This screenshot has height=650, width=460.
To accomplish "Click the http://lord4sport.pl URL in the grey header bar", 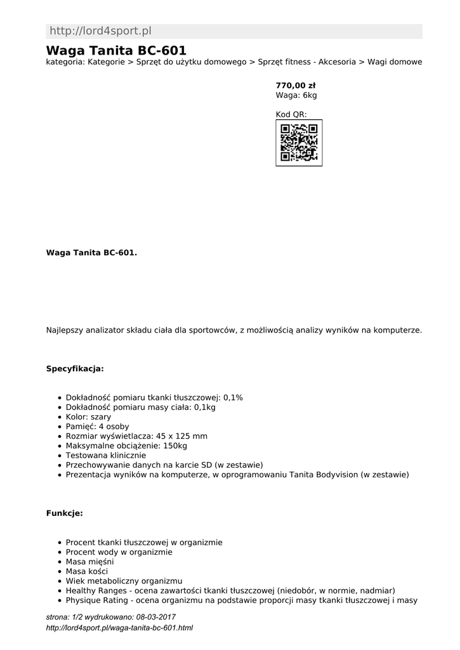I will (100, 31).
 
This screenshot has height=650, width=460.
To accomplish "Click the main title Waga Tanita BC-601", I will (116, 50).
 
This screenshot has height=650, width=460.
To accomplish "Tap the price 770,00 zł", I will (296, 85).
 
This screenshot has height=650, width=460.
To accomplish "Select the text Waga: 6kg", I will (296, 95).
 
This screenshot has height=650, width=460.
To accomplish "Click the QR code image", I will (299, 143).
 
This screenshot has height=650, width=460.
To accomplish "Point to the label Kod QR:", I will (291, 114).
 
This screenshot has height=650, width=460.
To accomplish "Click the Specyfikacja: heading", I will (75, 368).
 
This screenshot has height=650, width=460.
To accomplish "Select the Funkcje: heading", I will (65, 513).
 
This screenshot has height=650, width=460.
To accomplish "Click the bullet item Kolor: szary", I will (88, 417).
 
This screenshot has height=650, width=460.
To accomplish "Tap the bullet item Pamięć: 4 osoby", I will (97, 427).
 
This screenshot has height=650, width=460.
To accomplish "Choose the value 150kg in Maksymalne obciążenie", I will (174, 446).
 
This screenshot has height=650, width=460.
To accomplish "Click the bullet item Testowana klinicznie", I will (106, 455).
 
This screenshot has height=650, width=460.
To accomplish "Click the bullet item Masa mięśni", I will (90, 562).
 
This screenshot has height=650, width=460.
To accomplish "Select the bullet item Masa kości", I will (87, 571).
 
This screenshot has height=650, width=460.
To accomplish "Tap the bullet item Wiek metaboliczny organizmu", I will (124, 581).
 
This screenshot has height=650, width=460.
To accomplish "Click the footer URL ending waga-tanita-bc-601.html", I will (119, 628).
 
